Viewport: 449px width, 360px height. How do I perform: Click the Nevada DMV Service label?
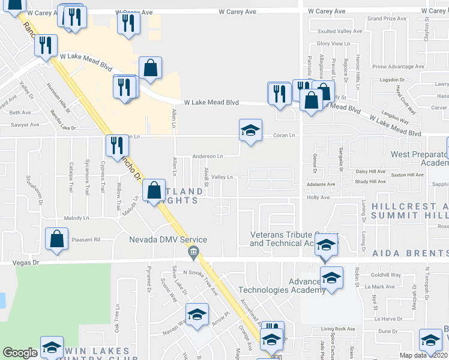click(168, 240)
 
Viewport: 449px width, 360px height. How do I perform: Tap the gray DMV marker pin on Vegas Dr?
click(193, 253)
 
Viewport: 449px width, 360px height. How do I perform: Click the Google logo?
click(20, 353)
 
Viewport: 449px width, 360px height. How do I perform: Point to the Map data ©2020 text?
click(424, 355)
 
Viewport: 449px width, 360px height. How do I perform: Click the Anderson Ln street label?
click(207, 157)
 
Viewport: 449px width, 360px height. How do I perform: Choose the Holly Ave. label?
click(319, 197)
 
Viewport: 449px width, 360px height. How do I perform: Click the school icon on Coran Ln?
click(250, 130)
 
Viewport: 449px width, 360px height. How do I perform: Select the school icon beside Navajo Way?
click(197, 315)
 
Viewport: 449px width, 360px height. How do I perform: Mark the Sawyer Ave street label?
click(25, 125)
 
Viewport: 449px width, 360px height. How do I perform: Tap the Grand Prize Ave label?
click(387, 19)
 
